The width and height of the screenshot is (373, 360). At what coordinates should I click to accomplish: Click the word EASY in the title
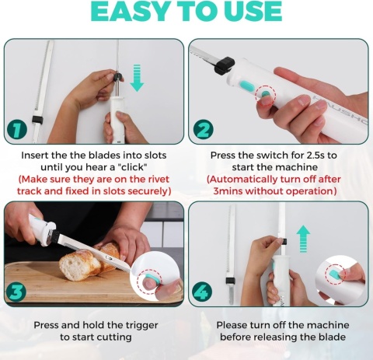tap(130, 11)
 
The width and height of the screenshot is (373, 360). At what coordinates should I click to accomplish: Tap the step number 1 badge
tap(17, 130)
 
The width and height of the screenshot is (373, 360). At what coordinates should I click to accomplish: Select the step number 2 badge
tap(204, 129)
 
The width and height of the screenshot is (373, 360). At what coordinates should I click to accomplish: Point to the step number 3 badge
tap(16, 292)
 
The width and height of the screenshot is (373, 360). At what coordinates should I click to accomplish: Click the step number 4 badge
tap(202, 292)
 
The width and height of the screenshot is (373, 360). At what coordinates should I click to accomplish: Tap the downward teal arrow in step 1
tap(137, 78)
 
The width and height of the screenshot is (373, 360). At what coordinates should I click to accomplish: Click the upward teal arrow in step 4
tap(303, 239)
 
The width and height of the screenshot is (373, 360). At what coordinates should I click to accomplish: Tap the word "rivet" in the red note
tap(158, 179)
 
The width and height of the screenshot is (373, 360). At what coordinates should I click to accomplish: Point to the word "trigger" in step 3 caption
tap(141, 326)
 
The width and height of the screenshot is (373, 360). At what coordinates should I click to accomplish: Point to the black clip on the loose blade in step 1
tap(37, 120)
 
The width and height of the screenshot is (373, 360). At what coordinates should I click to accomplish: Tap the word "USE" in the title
tap(253, 11)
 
